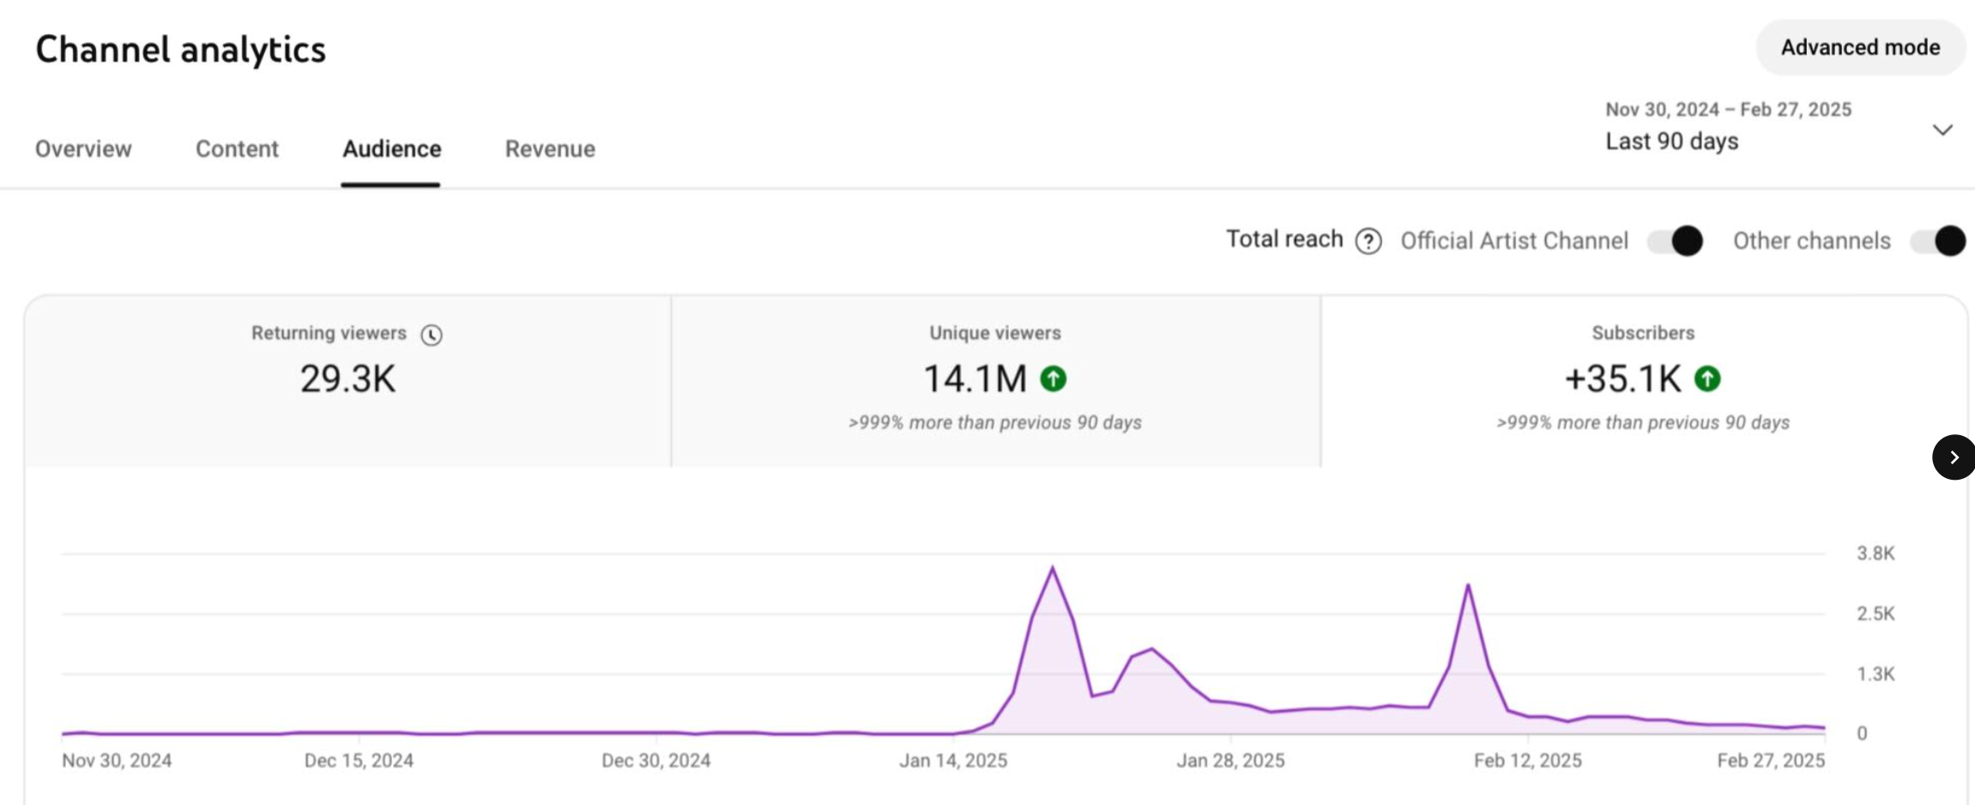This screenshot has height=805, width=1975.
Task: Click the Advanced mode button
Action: [1860, 47]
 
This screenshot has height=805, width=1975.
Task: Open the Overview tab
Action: [83, 148]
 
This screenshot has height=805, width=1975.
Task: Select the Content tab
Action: [237, 148]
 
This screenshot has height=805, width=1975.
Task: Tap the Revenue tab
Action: [550, 148]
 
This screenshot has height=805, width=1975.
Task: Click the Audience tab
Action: [391, 148]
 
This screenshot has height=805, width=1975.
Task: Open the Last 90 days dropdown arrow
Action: [1942, 130]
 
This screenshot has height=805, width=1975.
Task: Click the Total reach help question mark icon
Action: [1368, 241]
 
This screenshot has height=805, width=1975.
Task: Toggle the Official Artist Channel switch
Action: [1675, 241]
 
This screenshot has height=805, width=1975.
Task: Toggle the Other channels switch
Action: [1938, 241]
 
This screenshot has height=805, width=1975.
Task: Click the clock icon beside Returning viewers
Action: [432, 335]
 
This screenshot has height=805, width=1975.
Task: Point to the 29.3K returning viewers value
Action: [347, 378]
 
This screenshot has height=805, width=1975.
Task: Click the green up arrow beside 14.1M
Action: [1054, 378]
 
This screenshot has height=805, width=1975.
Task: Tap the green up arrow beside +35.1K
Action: [1707, 378]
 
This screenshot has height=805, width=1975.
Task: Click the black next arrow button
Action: [1953, 457]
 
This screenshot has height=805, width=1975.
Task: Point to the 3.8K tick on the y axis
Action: [1875, 554]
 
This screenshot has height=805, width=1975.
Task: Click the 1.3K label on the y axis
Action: [1875, 674]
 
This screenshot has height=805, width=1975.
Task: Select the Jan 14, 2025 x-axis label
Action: [953, 760]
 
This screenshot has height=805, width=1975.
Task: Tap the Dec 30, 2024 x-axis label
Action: [655, 760]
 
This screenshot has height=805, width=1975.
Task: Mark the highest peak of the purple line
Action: [1053, 567]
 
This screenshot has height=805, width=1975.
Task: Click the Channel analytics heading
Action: [180, 49]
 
